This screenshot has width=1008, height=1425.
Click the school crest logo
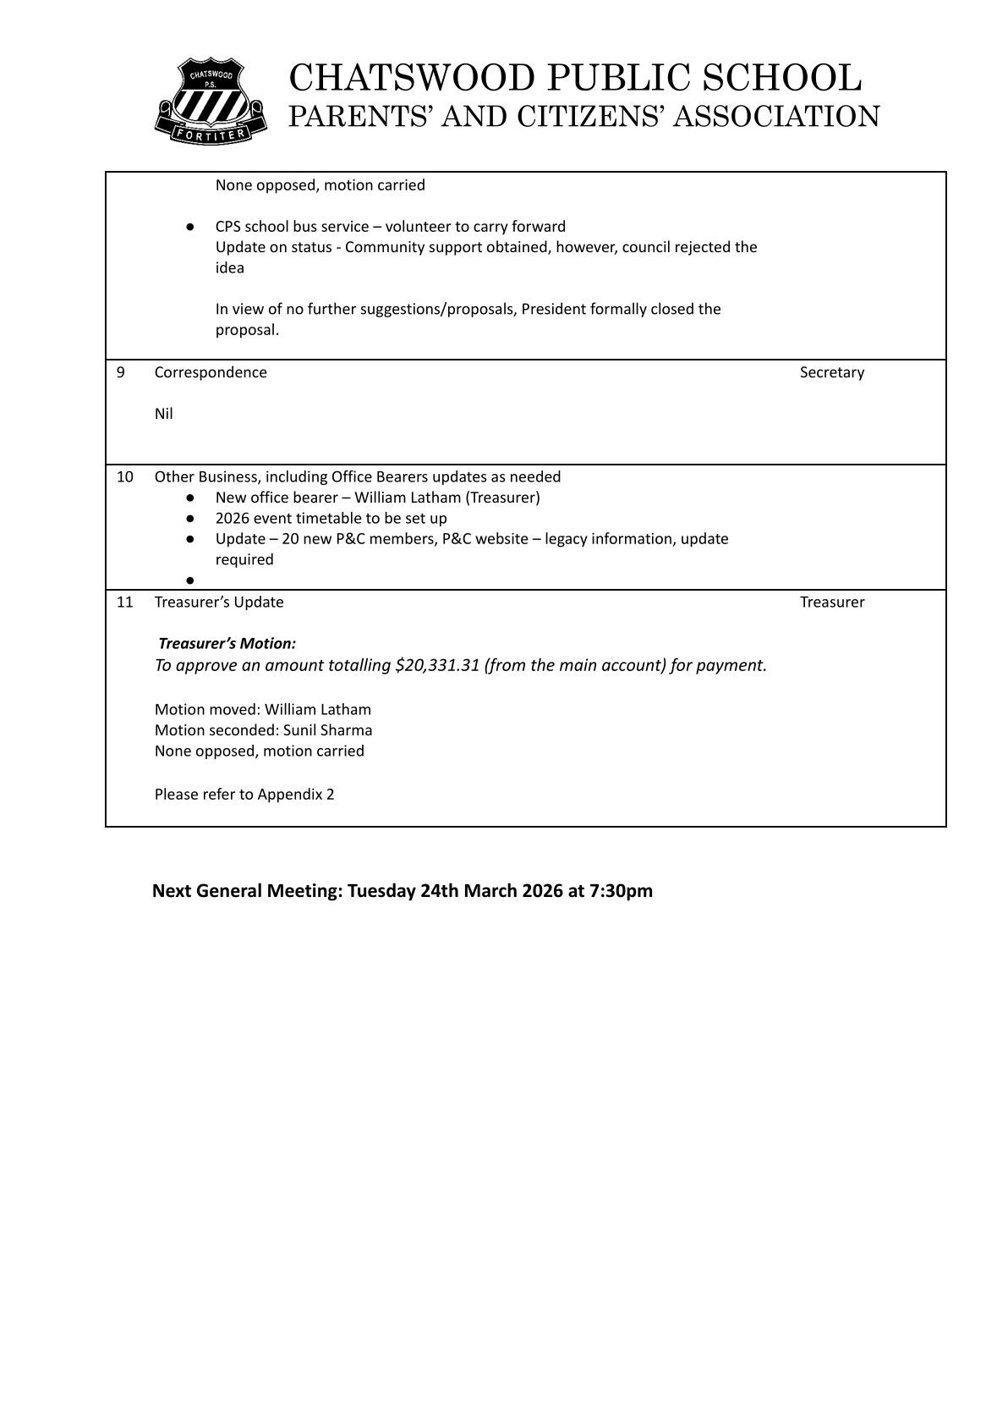pos(210,99)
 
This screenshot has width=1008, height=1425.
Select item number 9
pos(120,372)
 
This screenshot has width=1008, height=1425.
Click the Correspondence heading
pos(211,372)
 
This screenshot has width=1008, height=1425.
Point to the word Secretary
pos(832,372)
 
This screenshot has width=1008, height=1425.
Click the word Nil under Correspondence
pos(164,414)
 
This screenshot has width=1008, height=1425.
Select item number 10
pos(124,476)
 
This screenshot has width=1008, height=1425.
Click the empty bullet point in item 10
pos(190,580)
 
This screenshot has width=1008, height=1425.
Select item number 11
pos(124,602)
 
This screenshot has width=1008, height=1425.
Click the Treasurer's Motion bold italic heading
pos(227,644)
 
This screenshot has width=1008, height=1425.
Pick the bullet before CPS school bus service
pos(190,227)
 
